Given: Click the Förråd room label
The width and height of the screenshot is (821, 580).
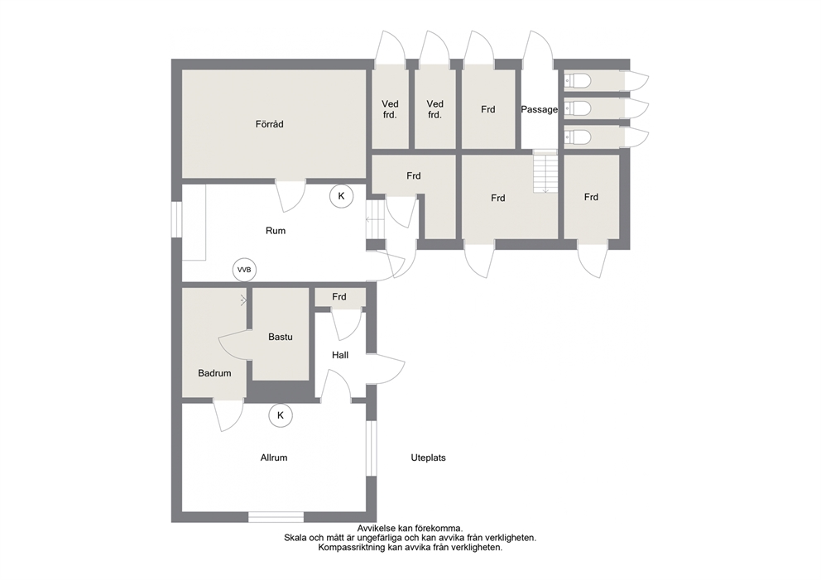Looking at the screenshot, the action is point(269,124).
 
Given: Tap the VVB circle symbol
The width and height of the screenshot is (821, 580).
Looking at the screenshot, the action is point(244,270).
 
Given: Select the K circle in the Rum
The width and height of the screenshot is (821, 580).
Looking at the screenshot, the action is point(341,196).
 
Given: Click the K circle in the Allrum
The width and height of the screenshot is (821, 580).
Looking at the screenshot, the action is point(281,415).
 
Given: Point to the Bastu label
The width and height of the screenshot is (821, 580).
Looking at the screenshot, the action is point(280,337).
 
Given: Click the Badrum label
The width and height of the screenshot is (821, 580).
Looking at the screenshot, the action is point(214,373).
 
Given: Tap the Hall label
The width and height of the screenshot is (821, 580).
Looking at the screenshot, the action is point(340,355).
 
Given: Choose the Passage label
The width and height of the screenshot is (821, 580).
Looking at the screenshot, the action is point(540,110).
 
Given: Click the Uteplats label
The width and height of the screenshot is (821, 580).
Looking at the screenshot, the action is point(429,458).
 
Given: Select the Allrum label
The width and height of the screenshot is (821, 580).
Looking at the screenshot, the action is point(274,458).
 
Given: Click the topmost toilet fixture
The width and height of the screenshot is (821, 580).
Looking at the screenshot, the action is point(577,80).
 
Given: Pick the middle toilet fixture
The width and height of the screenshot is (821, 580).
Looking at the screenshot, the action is point(577,108).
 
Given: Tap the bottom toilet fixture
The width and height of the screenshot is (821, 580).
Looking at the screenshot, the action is point(577,137).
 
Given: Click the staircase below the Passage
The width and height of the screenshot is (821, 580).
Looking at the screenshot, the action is point(545,171).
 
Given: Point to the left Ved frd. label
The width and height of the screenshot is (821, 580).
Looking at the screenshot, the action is point(390,109).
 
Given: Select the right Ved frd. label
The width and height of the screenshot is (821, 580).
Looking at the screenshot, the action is point(435,109).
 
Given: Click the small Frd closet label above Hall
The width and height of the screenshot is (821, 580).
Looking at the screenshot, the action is point(339,297).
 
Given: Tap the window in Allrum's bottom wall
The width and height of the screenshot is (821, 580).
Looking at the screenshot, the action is point(276,516).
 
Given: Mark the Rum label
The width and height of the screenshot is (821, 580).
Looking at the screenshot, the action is point(276,231).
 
